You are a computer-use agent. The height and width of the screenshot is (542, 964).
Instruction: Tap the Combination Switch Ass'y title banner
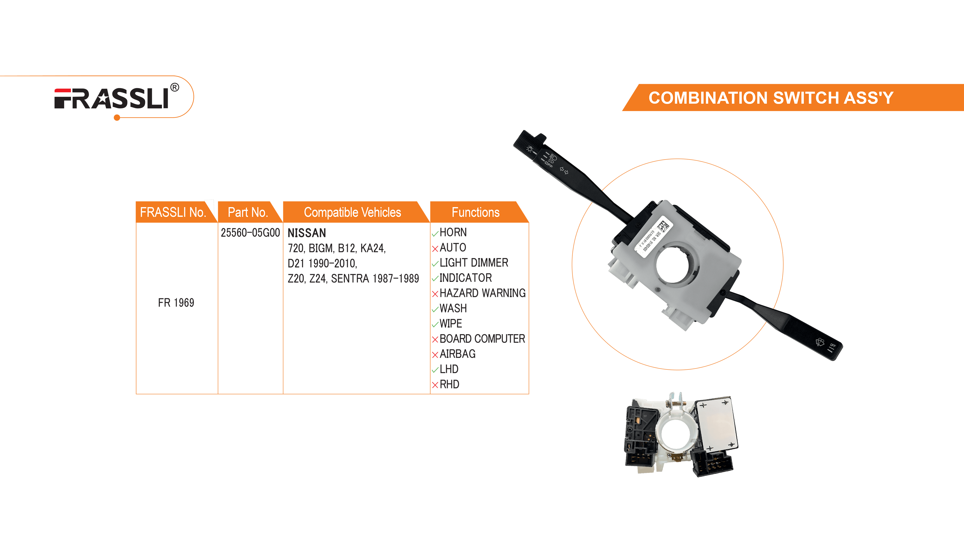(771, 98)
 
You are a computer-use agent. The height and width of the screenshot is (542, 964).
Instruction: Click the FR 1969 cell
(176, 303)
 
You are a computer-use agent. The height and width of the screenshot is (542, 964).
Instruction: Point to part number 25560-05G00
(250, 233)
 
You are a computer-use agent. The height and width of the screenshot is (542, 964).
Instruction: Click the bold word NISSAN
(307, 233)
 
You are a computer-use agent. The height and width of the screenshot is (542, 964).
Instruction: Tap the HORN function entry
(453, 232)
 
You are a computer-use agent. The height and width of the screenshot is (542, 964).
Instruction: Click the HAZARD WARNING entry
(482, 293)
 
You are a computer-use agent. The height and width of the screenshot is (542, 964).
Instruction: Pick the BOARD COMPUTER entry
(482, 338)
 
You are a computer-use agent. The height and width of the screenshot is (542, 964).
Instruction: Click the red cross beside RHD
(435, 385)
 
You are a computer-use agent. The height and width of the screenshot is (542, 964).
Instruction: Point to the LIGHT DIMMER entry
(474, 263)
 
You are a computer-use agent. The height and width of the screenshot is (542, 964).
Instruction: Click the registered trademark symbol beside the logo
(174, 87)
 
